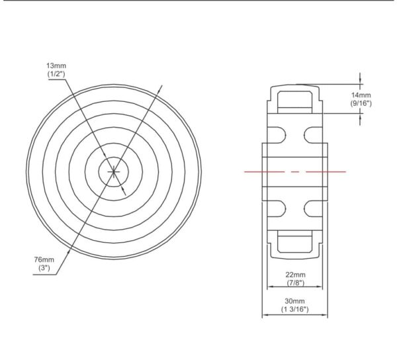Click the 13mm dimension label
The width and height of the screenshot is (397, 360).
[56, 66]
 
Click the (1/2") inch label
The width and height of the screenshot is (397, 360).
[56, 74]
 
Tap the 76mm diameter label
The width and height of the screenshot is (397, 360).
[44, 259]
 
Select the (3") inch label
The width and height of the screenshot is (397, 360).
[44, 268]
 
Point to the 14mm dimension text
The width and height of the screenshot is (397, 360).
[361, 95]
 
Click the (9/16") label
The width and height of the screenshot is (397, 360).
[361, 103]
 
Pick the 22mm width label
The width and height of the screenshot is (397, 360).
[296, 275]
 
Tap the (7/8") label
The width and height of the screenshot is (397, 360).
[296, 283]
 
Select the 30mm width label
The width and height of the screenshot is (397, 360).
[294, 301]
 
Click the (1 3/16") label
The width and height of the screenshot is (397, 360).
[294, 309]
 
